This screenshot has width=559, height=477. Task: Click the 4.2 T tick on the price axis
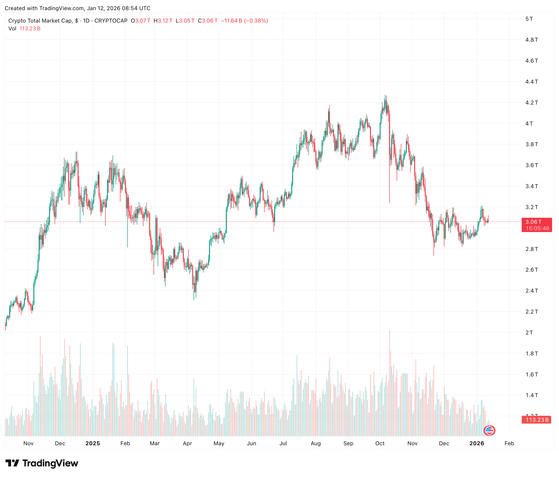point(531,102)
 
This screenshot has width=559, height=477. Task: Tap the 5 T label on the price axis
point(529,19)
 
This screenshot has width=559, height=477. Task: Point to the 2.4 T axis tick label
point(531,291)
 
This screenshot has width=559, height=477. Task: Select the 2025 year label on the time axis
point(93,443)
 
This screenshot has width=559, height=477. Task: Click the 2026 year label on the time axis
point(477,443)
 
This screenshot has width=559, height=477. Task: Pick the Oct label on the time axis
point(380,443)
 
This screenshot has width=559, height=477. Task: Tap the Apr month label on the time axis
point(187,443)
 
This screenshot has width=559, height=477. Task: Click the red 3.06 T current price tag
point(536,225)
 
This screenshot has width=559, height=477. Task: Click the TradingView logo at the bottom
point(42,463)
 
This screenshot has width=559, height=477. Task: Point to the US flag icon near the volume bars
point(489,430)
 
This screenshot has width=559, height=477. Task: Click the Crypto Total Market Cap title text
point(40,21)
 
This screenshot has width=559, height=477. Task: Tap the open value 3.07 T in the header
point(143,21)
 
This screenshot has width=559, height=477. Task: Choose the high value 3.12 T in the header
point(165,21)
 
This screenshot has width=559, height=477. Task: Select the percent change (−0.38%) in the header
point(256,21)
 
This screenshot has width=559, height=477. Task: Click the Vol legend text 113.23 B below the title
point(30,29)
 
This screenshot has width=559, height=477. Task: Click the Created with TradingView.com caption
point(77,8)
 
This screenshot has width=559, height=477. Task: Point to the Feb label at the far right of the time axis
point(509,443)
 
